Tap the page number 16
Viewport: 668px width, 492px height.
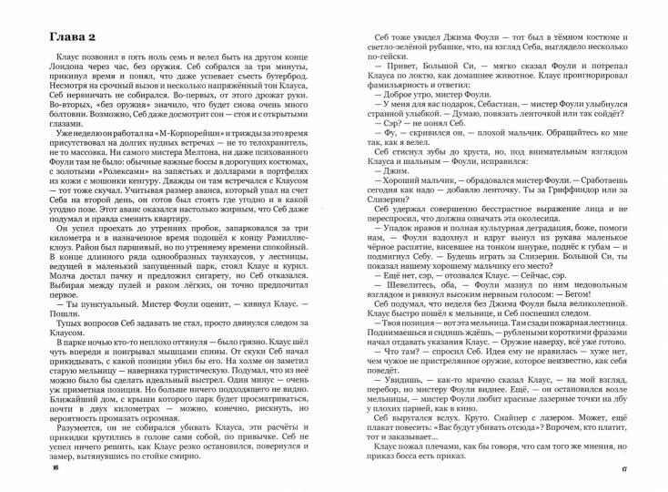[54, 467]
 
